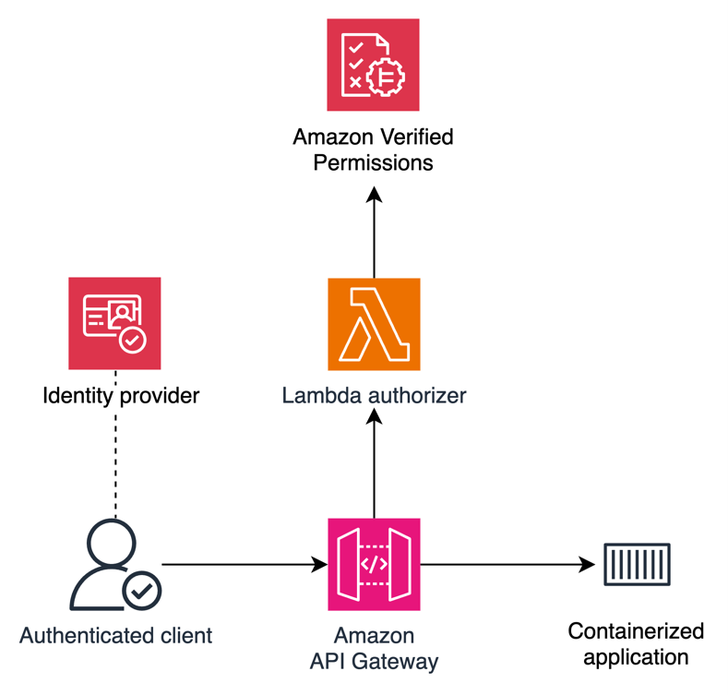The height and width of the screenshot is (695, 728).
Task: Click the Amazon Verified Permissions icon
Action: [373, 65]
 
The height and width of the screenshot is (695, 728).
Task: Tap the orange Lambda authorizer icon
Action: [373, 324]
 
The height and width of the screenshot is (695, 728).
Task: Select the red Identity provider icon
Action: [114, 323]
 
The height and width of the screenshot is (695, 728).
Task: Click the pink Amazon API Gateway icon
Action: [374, 564]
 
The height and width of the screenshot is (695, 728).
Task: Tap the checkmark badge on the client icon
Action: [142, 592]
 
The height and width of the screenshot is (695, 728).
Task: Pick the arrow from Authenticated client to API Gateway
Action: [245, 564]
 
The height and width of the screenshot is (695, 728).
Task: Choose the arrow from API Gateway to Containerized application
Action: [507, 564]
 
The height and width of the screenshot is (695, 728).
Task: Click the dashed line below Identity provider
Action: [116, 461]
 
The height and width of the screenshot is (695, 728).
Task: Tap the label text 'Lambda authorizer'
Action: [374, 396]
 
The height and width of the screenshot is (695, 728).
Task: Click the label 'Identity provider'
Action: [121, 397]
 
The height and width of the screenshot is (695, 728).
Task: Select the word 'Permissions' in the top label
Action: [373, 163]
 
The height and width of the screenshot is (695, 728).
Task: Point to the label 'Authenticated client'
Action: [115, 636]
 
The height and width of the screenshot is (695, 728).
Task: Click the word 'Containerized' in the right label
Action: [636, 631]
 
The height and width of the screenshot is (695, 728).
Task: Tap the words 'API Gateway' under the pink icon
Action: [374, 662]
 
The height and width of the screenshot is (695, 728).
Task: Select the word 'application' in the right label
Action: [636, 657]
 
